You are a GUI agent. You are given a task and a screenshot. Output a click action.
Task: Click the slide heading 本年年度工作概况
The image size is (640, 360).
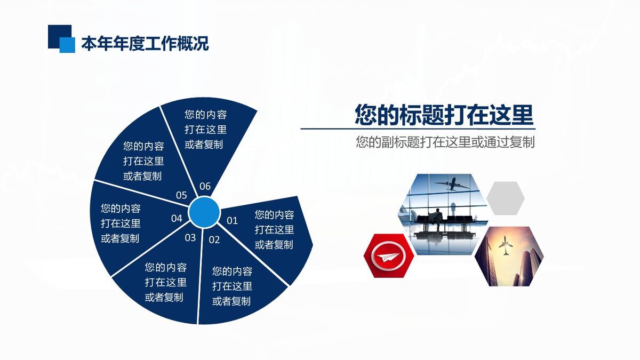pyautogui.click(x=145, y=43)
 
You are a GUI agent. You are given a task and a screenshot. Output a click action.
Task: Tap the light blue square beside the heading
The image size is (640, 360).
pyautogui.click(x=67, y=45)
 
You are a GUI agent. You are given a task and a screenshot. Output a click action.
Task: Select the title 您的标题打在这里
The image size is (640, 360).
pyautogui.click(x=444, y=115)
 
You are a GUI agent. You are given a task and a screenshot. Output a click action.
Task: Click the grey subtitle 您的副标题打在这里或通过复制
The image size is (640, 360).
pyautogui.click(x=445, y=142)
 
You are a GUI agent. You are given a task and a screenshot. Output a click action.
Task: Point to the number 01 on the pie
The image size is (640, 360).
pyautogui.click(x=232, y=221)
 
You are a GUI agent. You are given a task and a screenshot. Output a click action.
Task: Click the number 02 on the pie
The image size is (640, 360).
pyautogui.click(x=214, y=239)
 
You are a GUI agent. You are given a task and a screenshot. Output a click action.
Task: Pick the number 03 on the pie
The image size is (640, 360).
pyautogui.click(x=190, y=238)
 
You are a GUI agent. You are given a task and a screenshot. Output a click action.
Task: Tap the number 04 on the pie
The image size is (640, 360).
pyautogui.click(x=177, y=219)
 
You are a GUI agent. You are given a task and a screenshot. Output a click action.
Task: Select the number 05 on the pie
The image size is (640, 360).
pyautogui.click(x=181, y=195)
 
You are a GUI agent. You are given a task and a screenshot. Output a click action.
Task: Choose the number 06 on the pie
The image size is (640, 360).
pyautogui.click(x=205, y=186)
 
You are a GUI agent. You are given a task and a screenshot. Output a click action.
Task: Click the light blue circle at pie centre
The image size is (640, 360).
pyautogui.click(x=204, y=212)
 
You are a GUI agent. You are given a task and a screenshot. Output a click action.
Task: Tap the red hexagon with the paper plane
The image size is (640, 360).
pyautogui.click(x=389, y=255)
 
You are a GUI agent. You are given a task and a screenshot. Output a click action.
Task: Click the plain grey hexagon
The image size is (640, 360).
pyautogui.click(x=506, y=198)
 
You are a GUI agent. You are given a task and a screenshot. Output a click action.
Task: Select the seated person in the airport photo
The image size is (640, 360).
pyautogui.click(x=437, y=219)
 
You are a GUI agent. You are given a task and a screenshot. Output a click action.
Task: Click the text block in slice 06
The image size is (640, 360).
pyautogui.click(x=206, y=130)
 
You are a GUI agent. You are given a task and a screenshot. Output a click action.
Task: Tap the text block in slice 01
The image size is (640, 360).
pyautogui.click(x=274, y=230)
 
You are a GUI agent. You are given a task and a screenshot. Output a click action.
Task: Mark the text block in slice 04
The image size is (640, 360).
pyautogui.click(x=121, y=223)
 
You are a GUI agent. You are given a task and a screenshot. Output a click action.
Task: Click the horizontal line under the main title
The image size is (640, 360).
pyautogui.click(x=418, y=129)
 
